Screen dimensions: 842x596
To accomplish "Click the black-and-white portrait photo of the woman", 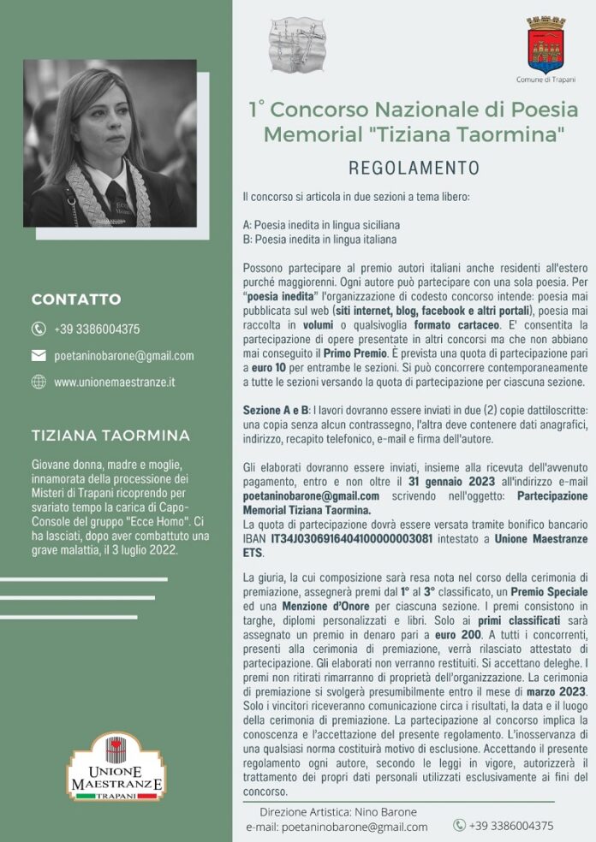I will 110,143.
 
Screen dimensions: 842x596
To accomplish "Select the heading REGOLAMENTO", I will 414,168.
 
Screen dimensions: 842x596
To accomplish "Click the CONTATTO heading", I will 76,299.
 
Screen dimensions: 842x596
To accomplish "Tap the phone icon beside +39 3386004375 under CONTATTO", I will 39,329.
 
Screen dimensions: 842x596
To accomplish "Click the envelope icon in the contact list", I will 39,355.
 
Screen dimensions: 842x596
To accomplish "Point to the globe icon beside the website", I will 39,382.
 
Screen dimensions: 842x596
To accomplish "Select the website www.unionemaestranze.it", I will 115,382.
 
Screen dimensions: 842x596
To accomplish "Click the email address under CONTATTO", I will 124,355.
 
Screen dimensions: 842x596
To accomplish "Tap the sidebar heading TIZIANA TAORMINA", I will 110,435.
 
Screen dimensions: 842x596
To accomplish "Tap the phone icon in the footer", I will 459,826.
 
